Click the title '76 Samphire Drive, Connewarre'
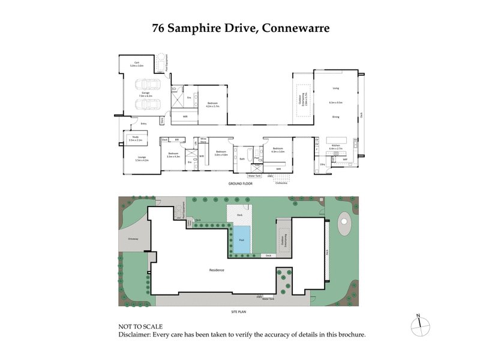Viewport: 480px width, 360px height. pos(240,28)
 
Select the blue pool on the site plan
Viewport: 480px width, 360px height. pos(242,239)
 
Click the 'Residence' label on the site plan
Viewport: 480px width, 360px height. pos(217,270)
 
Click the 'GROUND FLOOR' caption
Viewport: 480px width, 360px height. pos(241,183)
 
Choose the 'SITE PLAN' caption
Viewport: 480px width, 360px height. pos(239,312)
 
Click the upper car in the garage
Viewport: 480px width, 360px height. pos(148,85)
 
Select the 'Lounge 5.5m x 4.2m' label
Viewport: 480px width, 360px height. pos(141,159)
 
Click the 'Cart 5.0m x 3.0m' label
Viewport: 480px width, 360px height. pos(136,64)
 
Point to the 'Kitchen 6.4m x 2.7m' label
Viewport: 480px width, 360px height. pos(335,146)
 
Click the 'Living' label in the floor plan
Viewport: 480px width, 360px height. pos(335,88)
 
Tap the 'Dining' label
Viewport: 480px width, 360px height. pos(335,117)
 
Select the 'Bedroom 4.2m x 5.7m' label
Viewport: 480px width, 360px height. pos(213,104)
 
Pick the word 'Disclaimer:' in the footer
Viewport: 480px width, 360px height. pos(136,335)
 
